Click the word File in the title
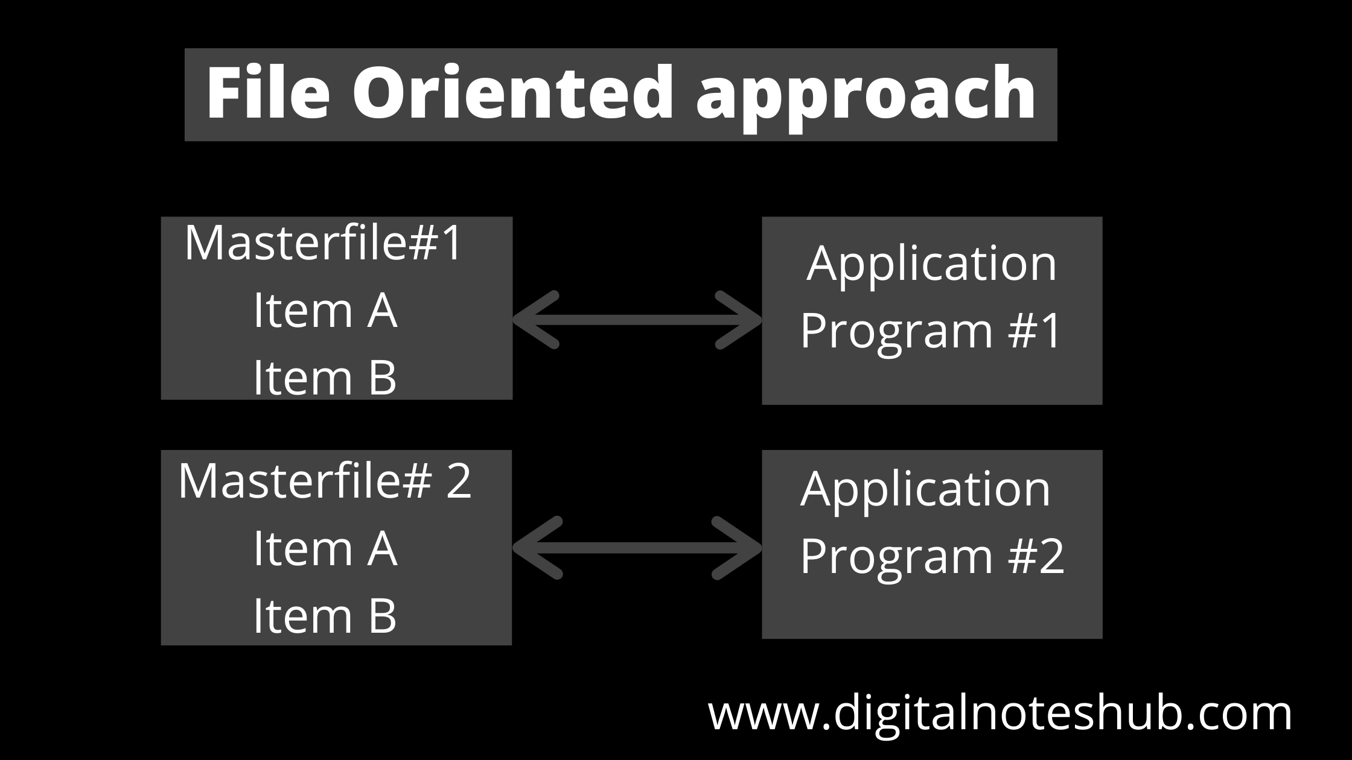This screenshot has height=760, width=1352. [x=269, y=93]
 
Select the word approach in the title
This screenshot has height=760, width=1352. [x=867, y=97]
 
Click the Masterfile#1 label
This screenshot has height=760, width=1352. [x=324, y=242]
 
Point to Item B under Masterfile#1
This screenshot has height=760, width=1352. [x=325, y=378]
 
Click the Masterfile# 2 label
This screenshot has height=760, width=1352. [x=325, y=481]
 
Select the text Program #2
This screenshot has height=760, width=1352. [x=932, y=556]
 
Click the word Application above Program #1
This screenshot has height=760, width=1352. [x=932, y=264]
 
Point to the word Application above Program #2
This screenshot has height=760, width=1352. [x=926, y=489]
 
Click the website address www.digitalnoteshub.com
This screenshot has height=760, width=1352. [x=1000, y=714]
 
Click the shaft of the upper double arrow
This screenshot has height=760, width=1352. [x=637, y=320]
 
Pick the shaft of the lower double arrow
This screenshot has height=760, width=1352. [x=637, y=548]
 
